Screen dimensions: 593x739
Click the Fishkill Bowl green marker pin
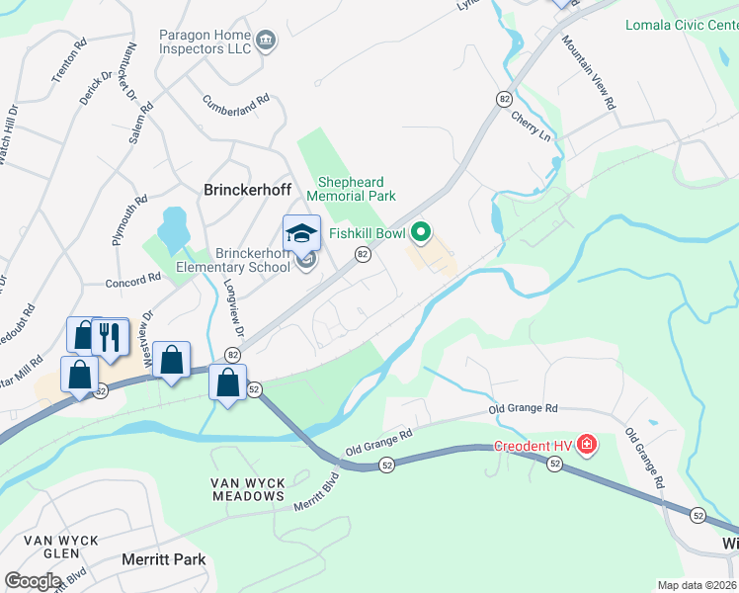click(x=422, y=233)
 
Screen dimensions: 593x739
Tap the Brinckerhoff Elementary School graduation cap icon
click(x=301, y=233)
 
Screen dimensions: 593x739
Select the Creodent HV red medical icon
click(x=587, y=445)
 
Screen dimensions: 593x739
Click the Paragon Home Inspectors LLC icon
click(x=266, y=41)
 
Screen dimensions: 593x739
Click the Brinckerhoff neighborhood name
click(x=244, y=189)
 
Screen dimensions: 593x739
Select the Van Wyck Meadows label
click(x=247, y=489)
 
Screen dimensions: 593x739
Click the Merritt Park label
click(x=163, y=559)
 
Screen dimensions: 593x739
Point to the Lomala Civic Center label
click(x=682, y=24)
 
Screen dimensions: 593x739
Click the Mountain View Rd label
click(x=590, y=72)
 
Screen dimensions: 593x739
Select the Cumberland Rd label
click(x=236, y=103)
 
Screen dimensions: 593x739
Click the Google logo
click(x=34, y=581)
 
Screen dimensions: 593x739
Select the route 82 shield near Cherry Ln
click(x=505, y=99)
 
